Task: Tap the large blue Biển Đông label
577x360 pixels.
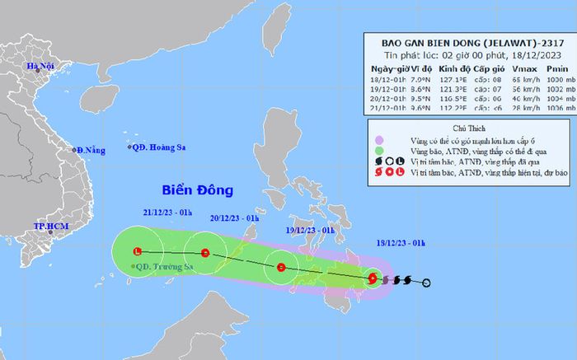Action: (191, 190)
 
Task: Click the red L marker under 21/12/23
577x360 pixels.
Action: (138, 251)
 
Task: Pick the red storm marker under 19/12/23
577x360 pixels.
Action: (281, 267)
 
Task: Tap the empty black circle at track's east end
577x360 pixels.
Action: (426, 285)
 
